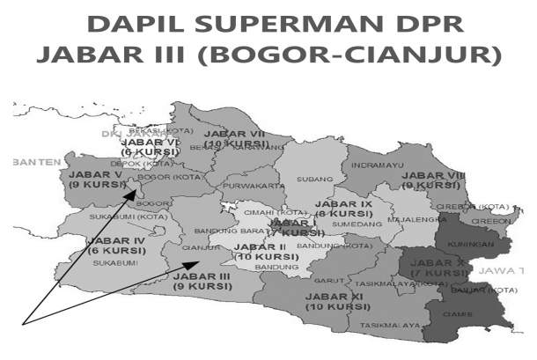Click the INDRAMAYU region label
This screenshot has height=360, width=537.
tap(378, 165)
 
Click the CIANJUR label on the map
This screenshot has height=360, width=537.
tap(200, 247)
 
